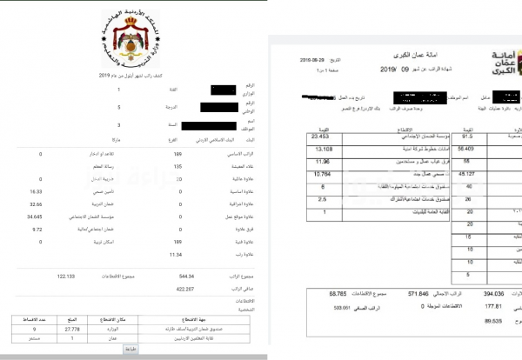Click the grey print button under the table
129,348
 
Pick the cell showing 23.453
320,137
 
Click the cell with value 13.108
320,149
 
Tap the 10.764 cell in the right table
320,174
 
